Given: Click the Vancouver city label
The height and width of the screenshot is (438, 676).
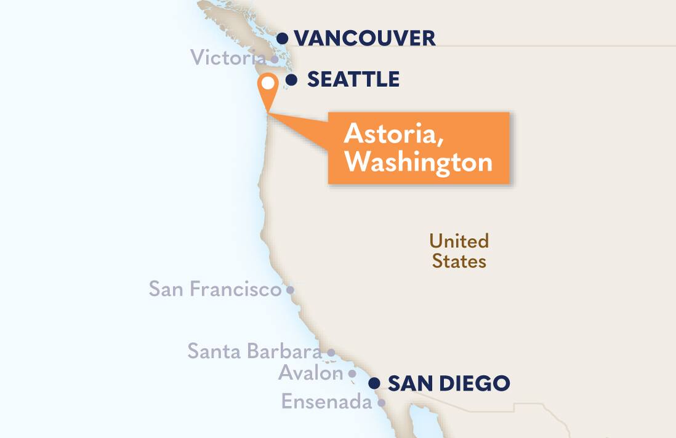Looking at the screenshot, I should (364, 38).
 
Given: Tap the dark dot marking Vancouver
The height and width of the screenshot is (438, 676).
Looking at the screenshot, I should (283, 38).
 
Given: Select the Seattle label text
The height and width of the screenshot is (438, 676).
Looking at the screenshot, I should (353, 79).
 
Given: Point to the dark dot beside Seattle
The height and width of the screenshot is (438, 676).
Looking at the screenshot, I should (292, 79).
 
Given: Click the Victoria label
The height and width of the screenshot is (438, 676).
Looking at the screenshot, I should (228, 58).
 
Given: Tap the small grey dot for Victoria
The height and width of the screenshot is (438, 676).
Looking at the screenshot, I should (275, 60).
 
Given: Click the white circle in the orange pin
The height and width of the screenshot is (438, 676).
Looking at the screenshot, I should (268, 82).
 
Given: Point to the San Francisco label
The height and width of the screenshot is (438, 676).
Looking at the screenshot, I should (215, 289).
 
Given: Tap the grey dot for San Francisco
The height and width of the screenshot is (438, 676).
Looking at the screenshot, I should (291, 289).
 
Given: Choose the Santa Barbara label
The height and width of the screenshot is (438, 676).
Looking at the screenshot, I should (254, 351).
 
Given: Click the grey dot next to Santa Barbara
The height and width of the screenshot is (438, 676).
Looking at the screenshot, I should (331, 352).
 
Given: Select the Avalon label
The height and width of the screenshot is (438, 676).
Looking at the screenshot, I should (310, 373).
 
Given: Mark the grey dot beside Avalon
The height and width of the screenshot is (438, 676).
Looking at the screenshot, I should (352, 373).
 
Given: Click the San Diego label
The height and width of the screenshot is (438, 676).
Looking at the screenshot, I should (449, 383).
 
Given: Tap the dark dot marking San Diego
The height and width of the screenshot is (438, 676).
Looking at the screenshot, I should (374, 383).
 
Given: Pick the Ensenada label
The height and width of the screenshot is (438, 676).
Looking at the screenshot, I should (326, 402).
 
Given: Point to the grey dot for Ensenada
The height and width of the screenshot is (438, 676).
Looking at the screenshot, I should (382, 403).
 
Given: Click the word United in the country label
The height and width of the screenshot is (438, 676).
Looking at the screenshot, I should (459, 241).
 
